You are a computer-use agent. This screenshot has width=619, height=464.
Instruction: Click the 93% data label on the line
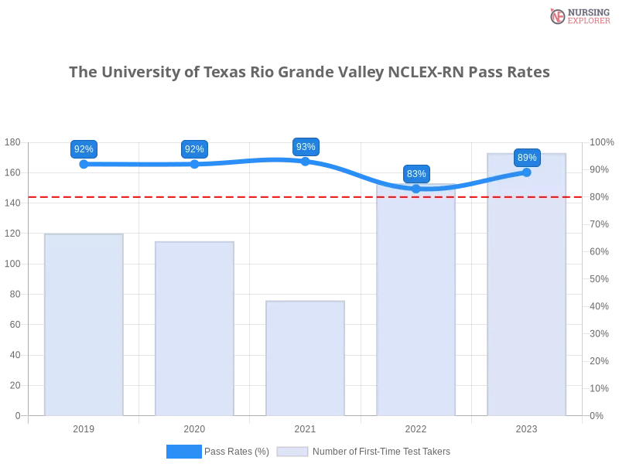[306, 146]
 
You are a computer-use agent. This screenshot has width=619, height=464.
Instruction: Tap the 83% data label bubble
[416, 173]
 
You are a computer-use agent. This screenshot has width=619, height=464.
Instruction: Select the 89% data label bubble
[527, 158]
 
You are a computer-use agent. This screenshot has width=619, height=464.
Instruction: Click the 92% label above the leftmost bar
[84, 148]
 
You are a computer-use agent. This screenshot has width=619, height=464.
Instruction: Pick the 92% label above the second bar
[194, 148]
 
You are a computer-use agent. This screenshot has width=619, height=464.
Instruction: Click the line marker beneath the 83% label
[416, 189]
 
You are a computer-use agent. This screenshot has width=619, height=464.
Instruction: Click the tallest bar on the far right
[527, 294]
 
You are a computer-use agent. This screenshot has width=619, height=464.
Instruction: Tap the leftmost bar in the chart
[84, 325]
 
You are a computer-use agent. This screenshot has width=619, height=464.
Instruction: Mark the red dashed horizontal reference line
[232, 196]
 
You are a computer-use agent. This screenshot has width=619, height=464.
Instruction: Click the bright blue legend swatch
[184, 451]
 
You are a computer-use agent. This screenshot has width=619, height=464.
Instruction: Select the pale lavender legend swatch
[292, 451]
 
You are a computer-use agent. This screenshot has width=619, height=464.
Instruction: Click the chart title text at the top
[309, 73]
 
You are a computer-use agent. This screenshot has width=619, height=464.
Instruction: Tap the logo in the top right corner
[578, 15]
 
